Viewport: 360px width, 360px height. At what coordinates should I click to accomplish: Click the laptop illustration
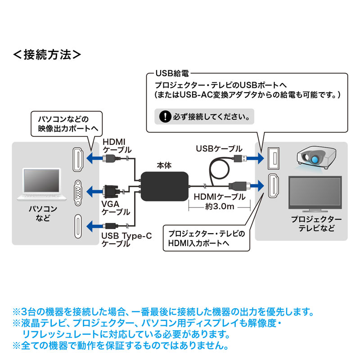42,185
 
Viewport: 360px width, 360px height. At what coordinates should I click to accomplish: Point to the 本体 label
164,165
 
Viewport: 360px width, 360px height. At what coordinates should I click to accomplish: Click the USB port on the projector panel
273,158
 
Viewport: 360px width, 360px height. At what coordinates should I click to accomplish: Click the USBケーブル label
219,148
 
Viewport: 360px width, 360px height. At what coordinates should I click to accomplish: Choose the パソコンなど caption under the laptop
42,214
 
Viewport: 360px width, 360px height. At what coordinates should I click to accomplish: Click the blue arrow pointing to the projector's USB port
254,158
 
